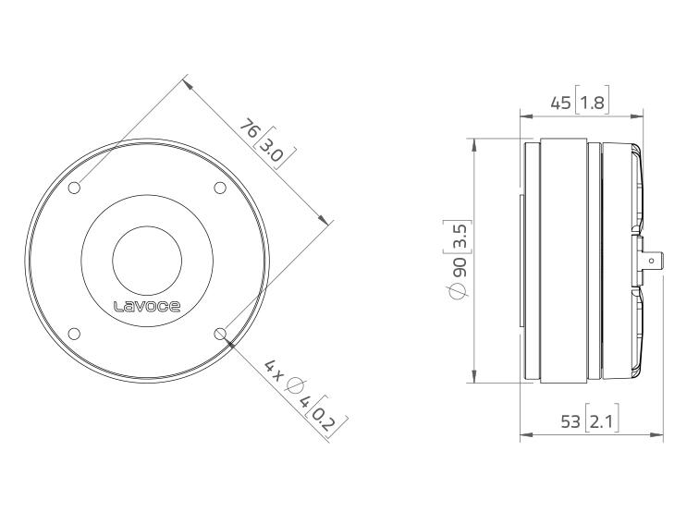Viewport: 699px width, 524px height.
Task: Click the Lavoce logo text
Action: coord(147,307)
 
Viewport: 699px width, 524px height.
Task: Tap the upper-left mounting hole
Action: coord(74,188)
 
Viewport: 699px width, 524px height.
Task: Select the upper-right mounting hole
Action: coord(220,188)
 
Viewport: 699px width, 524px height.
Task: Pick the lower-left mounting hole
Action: coord(74,334)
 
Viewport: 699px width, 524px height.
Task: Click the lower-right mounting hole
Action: coord(220,334)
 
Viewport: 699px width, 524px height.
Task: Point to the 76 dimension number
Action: coord(250,129)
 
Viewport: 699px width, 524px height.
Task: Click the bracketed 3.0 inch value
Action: coord(275,149)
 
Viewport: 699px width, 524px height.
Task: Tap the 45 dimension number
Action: coord(561,104)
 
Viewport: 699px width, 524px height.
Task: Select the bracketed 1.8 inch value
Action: coord(593,103)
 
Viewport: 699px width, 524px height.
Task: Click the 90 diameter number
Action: coord(460,266)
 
